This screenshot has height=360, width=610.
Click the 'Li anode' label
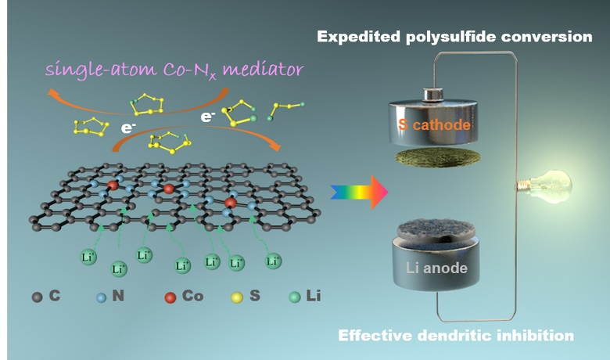pyautogui.click(x=437, y=268)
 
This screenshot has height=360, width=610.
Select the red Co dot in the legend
pyautogui.click(x=171, y=297)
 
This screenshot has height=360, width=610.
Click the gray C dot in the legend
pyautogui.click(x=37, y=297)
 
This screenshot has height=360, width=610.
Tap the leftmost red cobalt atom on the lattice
pyautogui.click(x=113, y=185)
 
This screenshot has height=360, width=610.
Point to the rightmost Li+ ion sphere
pyautogui.click(x=274, y=260)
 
